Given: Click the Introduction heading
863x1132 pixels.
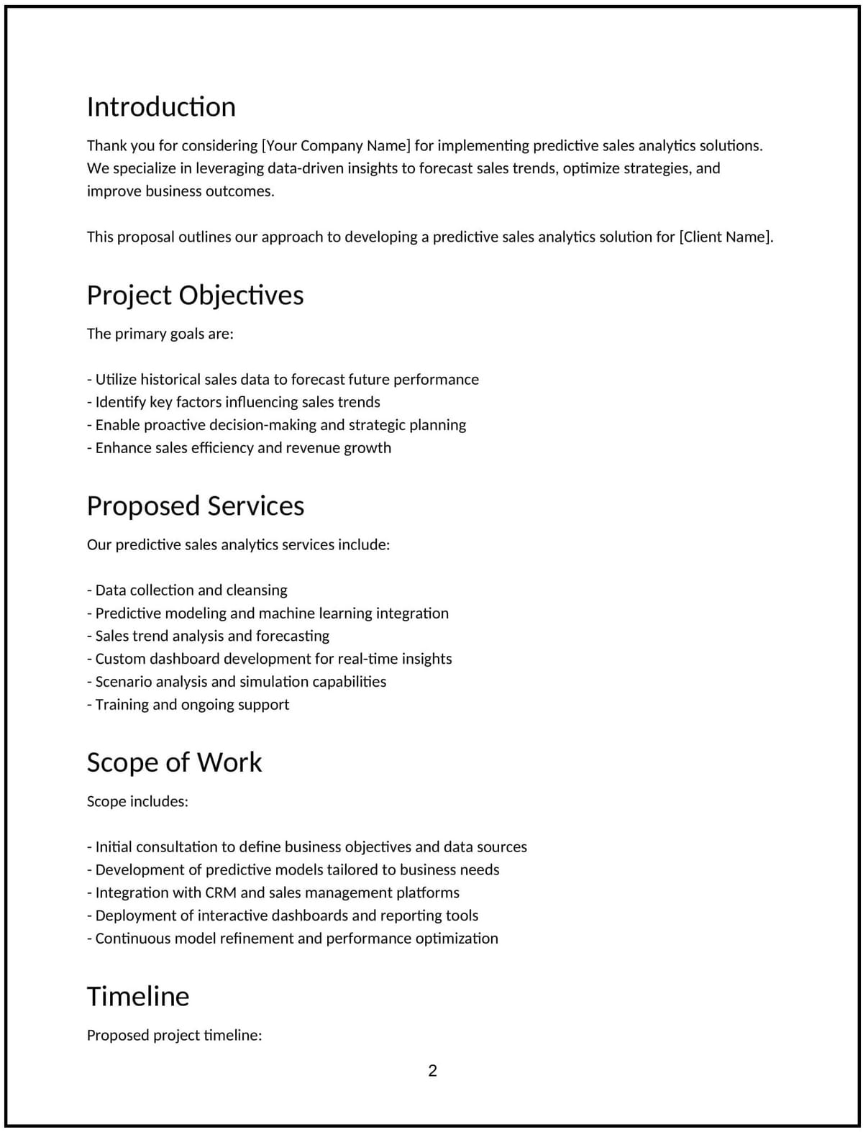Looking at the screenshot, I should point(161,107).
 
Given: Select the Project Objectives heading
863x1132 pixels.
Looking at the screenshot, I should point(195,296).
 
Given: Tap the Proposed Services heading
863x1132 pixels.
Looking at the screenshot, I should point(195,506).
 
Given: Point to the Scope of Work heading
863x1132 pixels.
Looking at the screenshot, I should point(174,762).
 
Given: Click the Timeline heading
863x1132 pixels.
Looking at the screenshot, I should point(138,997).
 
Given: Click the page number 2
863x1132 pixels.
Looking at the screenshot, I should point(432,1071).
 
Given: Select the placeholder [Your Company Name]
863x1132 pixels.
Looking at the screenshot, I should point(336,146).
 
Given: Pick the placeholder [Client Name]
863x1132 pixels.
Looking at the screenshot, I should point(726,237).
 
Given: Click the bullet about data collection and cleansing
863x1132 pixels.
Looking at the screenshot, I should point(187,590).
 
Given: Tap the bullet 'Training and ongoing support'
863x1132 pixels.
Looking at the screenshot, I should point(188,705).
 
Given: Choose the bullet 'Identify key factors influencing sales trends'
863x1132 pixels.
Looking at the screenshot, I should point(234,403).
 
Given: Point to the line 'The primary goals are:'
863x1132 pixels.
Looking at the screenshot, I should point(160,334).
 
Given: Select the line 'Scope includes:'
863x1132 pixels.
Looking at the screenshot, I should point(137,802).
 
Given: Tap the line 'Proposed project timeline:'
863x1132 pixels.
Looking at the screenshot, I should point(174,1036).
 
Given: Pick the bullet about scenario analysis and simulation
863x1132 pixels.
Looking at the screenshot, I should point(237,682).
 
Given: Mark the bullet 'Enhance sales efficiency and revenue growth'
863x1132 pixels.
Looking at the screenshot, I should point(239,448).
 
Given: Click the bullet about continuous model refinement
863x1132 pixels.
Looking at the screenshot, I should point(293,939).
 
